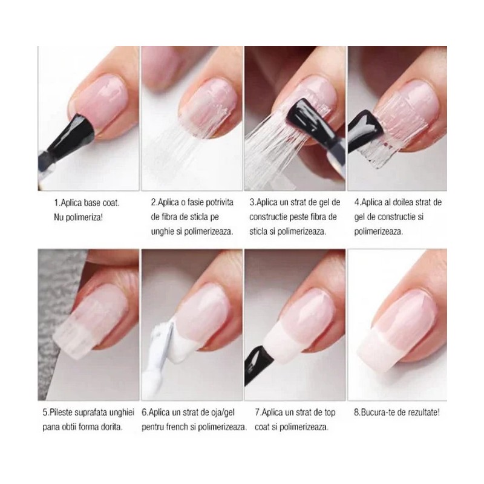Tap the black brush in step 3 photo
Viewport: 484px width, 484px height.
[311, 123]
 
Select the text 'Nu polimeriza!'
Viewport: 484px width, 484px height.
[78, 217]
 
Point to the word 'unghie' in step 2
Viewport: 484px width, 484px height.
[162, 232]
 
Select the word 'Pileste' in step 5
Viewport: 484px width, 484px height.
[61, 413]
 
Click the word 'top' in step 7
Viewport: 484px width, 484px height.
[329, 413]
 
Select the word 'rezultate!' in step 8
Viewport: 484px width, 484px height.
[423, 413]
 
